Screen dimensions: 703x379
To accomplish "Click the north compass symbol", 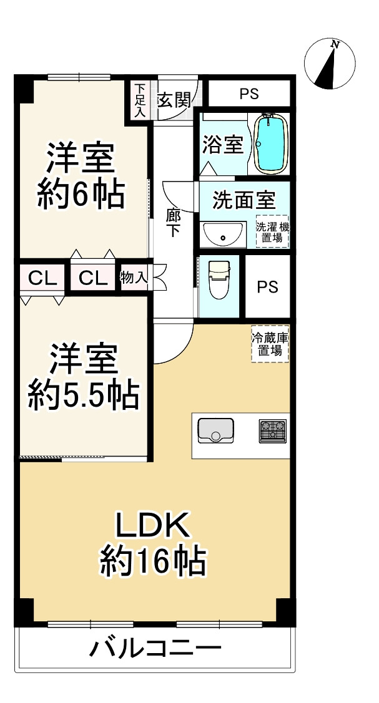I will (x=329, y=64).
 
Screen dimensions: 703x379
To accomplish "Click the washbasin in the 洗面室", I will (x=222, y=234).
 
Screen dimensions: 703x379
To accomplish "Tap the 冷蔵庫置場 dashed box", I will (x=270, y=344).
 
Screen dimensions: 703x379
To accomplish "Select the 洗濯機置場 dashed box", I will (x=272, y=231).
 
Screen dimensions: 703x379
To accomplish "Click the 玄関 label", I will (x=173, y=99).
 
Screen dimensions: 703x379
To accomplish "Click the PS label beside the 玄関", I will (x=249, y=94).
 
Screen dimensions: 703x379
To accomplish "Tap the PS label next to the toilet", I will (x=268, y=287).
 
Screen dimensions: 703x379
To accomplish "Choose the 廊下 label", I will (x=173, y=223).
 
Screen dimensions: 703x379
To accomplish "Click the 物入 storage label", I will (x=134, y=277).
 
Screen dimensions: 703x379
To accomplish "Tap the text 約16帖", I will (x=154, y=562).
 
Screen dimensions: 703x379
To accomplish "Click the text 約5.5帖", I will (x=82, y=394).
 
